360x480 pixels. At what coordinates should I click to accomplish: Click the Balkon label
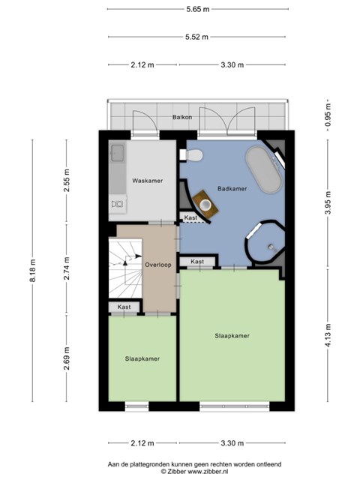[182, 117]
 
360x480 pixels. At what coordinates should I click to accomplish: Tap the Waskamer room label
[148, 181]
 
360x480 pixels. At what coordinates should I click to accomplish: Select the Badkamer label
[232, 188]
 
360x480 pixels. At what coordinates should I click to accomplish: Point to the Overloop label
[158, 265]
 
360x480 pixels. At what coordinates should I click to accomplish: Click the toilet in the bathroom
[192, 155]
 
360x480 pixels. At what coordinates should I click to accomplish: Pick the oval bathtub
[263, 170]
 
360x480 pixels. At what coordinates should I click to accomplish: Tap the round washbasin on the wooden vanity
[205, 203]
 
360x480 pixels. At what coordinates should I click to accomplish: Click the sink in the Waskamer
[118, 153]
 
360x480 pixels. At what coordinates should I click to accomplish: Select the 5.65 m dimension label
[198, 9]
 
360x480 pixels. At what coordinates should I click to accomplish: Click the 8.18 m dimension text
[33, 271]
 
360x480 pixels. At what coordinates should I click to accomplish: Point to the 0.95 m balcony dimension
[328, 115]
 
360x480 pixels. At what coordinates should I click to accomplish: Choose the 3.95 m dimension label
[328, 203]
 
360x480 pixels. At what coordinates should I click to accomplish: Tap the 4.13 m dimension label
[328, 335]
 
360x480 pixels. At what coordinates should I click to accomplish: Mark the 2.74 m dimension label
[67, 268]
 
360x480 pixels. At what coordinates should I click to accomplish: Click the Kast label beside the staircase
[124, 307]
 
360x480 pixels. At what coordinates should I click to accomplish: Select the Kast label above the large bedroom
[197, 262]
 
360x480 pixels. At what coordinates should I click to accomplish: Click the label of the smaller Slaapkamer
[142, 358]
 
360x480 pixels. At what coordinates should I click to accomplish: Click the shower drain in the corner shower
[271, 247]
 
